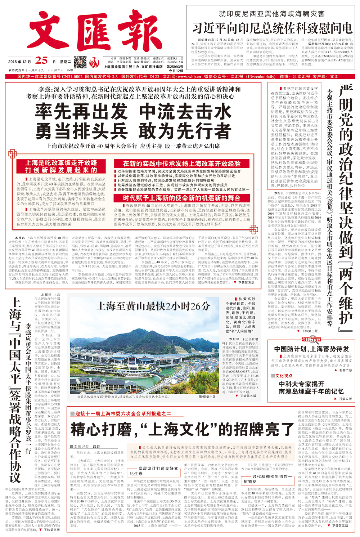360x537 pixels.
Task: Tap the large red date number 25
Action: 42,61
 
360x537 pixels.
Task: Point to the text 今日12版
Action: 176,71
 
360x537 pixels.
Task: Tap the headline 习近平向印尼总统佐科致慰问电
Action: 272,28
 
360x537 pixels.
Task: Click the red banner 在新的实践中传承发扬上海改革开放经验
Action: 181,164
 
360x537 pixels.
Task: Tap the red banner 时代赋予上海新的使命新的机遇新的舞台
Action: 181,198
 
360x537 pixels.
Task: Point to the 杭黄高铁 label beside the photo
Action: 247,299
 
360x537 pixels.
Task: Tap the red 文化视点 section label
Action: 284,376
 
